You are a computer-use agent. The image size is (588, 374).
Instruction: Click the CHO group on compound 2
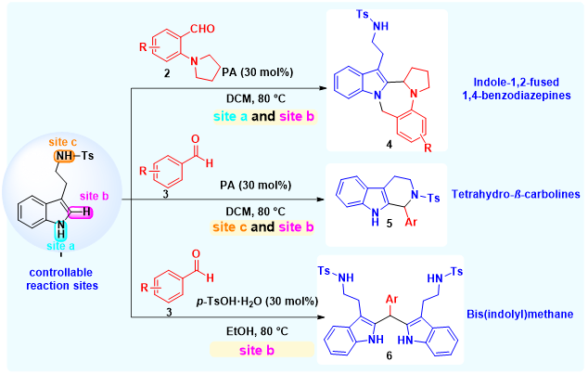coord(202,29)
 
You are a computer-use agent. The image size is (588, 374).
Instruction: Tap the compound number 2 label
coord(167,73)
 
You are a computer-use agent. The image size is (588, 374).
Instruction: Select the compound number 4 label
coord(390,144)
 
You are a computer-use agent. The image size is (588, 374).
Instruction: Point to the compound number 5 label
coord(390,224)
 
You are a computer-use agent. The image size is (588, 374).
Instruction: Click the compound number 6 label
coord(389,355)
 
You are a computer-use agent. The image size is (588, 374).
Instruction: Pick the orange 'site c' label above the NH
coord(63,142)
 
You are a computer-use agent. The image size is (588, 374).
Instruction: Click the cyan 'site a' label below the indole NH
coord(61,246)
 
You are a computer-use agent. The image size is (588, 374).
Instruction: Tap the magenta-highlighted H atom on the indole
coord(86,212)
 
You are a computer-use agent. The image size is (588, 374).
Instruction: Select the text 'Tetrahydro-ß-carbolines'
coord(516,194)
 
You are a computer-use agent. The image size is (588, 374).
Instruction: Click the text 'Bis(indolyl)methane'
coord(520,314)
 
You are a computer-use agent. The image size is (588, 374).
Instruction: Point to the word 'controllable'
coord(61,272)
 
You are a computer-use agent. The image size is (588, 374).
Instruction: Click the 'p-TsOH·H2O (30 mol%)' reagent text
coord(257,302)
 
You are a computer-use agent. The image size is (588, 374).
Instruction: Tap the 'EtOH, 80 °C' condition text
coord(257,331)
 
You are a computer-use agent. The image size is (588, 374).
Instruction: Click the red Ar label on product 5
coord(411,222)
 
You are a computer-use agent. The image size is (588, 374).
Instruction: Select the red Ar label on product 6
coord(391,300)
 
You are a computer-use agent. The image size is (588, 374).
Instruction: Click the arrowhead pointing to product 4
coord(322,88)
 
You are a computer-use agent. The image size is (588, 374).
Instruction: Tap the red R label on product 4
coord(428,148)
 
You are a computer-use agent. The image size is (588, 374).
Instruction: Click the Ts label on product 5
coord(434,198)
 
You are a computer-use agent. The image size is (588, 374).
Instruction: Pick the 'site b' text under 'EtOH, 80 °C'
coord(257,351)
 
